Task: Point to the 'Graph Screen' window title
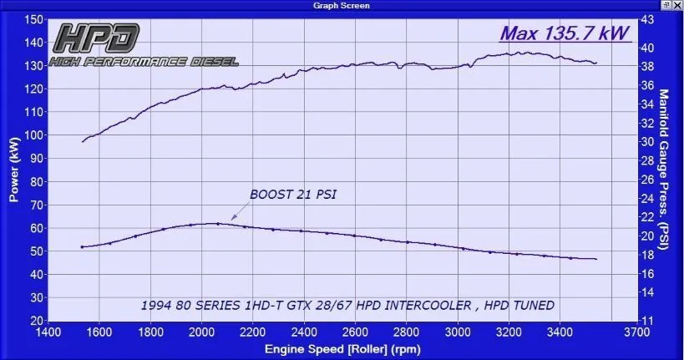coord(341,5)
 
